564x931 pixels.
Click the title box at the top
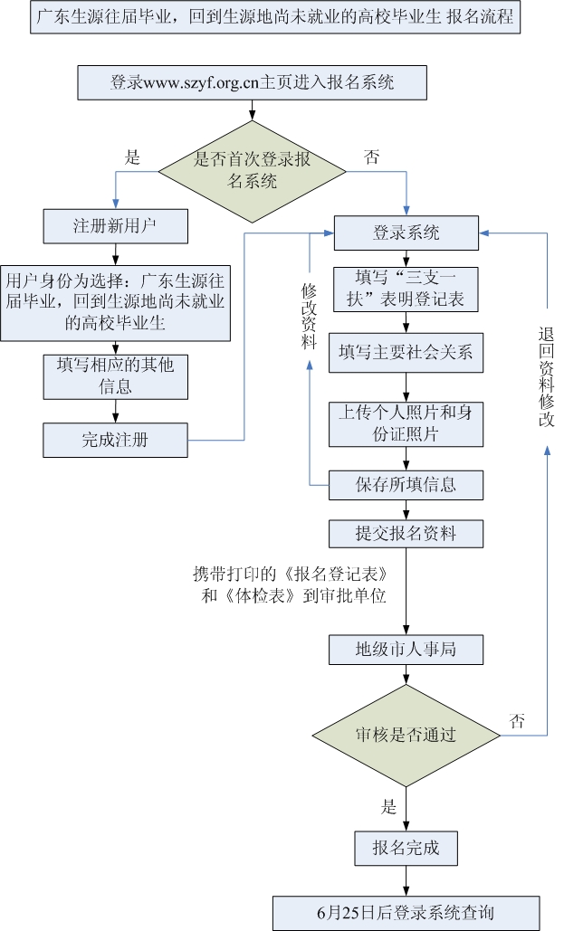pos(275,19)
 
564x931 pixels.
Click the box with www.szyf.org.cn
pos(252,83)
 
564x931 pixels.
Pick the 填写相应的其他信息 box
pos(115,375)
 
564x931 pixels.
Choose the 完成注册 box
pos(115,441)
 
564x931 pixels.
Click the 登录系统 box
pos(406,233)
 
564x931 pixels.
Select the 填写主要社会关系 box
pos(405,352)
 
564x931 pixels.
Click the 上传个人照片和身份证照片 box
pos(405,423)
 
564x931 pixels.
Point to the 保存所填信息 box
pos(405,485)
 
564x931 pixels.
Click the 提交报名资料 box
pos(405,534)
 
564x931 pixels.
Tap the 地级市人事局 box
pos(405,649)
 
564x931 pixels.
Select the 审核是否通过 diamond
pos(405,735)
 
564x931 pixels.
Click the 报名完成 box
pos(405,849)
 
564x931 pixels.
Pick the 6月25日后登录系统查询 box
pos(406,911)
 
